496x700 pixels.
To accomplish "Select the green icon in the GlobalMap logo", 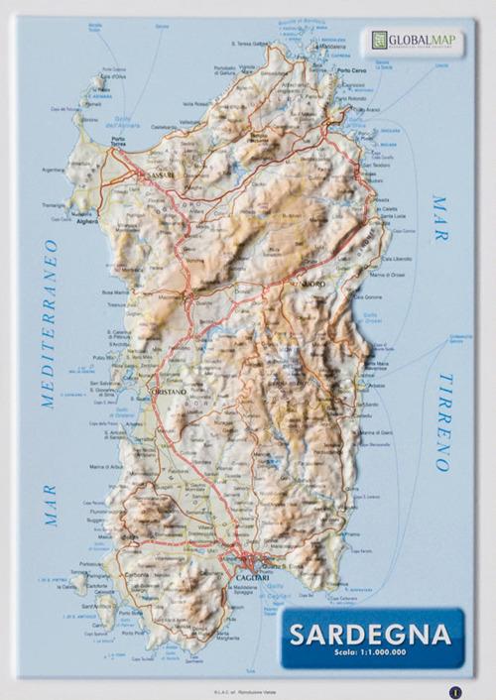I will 379,40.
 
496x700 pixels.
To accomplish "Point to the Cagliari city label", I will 250,578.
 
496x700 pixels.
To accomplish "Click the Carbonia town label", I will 137,573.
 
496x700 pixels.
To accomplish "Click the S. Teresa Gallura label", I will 249,44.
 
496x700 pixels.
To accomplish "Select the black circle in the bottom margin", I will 454,691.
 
